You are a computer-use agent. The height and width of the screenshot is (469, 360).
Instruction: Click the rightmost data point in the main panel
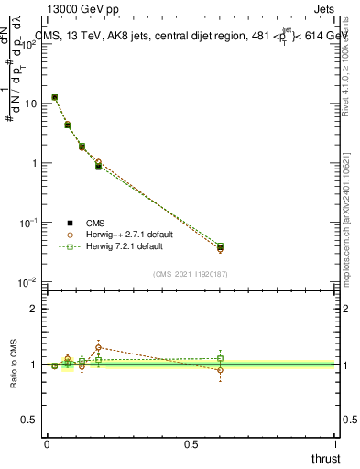pos(220,247)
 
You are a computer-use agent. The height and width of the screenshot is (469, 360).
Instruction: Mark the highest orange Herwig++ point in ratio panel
pos(98,347)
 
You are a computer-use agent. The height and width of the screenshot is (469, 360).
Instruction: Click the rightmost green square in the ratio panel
pos(220,358)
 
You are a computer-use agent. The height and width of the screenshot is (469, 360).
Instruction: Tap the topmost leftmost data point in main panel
pos(55,97)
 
